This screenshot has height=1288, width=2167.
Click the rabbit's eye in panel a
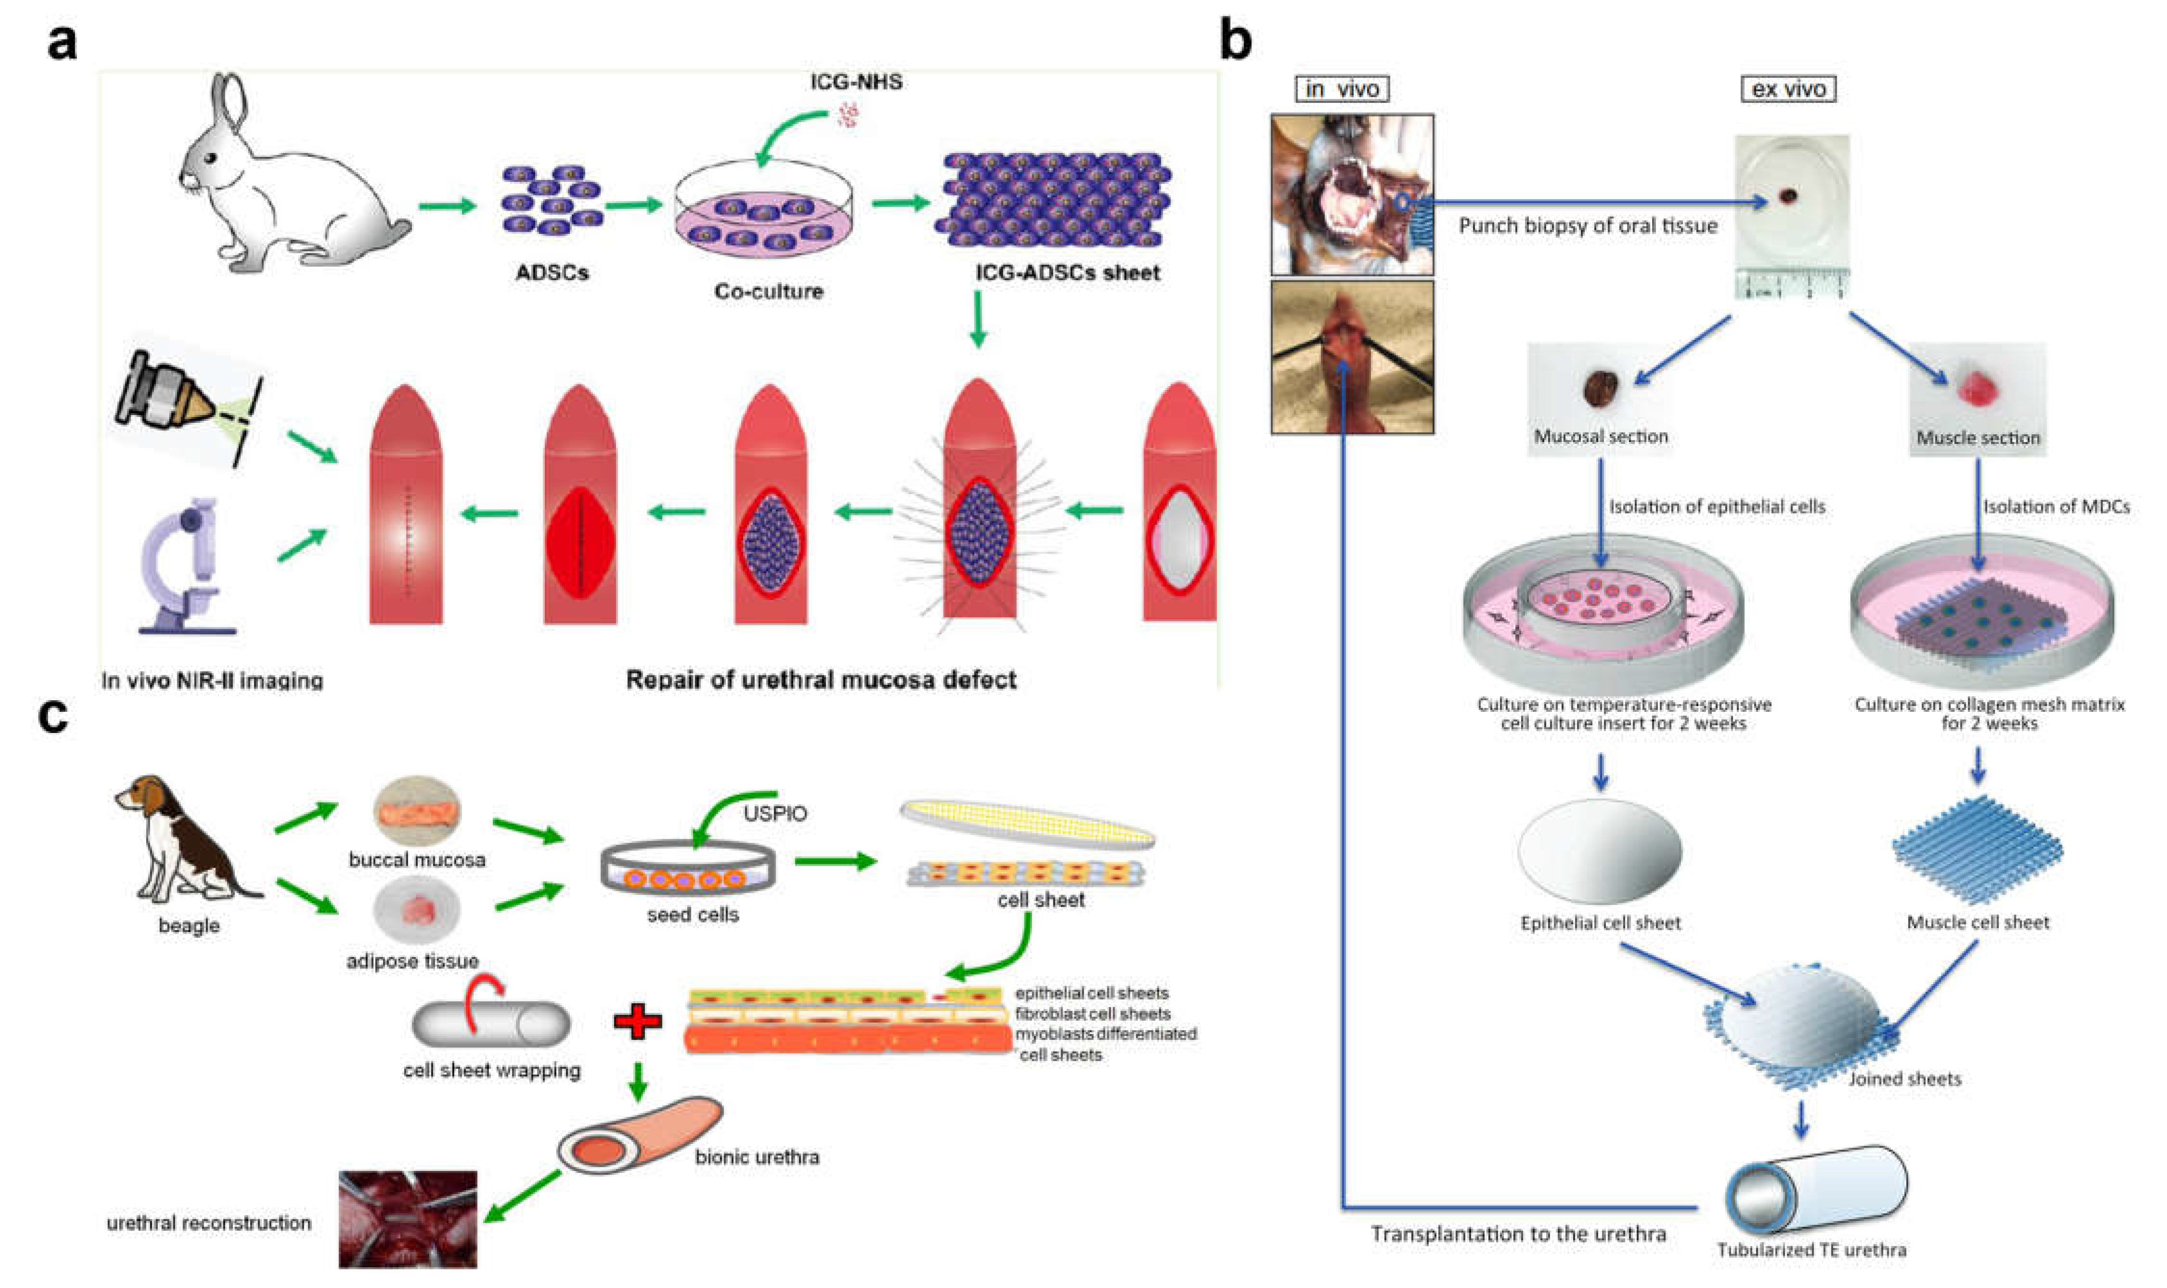[x=211, y=159]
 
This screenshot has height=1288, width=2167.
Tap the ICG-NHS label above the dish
[x=856, y=82]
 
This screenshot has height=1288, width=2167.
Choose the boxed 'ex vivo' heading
[x=1788, y=89]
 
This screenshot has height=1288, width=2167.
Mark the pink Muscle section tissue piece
[x=1977, y=387]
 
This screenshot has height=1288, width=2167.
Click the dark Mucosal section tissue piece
[x=1599, y=389]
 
